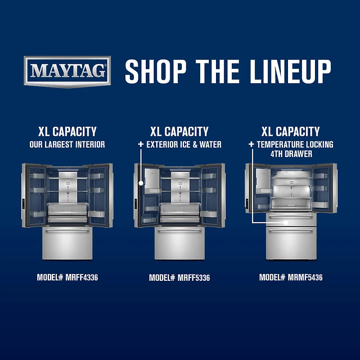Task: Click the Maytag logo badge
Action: [x=67, y=72]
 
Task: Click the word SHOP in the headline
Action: [x=155, y=72]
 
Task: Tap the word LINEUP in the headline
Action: [x=290, y=72]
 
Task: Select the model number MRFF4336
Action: [x=82, y=277]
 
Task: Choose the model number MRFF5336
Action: [x=194, y=278]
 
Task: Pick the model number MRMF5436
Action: [x=305, y=277]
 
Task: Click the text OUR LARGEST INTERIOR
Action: [x=67, y=144]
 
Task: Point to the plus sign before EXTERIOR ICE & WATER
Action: [x=141, y=144]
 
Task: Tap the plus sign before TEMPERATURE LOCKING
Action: [x=251, y=144]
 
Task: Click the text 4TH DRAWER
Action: [x=291, y=154]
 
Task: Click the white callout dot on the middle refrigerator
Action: [x=141, y=183]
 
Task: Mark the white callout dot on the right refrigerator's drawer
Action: [x=286, y=222]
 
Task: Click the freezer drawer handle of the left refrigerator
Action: [x=67, y=230]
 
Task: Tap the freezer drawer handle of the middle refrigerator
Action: [x=180, y=230]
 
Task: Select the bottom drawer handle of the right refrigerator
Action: [x=291, y=230]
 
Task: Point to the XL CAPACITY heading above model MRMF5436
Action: [x=290, y=131]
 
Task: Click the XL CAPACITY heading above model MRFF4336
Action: [x=67, y=131]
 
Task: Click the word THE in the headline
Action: [x=218, y=72]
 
